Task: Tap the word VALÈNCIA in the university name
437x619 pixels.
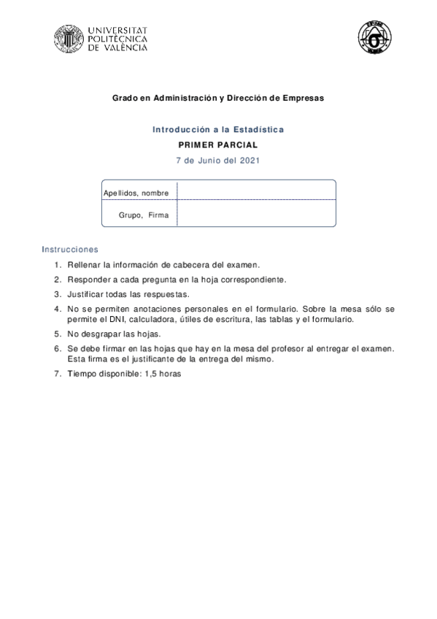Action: pyautogui.click(x=125, y=47)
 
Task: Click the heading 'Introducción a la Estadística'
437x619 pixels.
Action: pyautogui.click(x=218, y=129)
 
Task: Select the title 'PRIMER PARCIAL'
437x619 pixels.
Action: pyautogui.click(x=218, y=145)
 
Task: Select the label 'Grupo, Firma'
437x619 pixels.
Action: pyautogui.click(x=143, y=215)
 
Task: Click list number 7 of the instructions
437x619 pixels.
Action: pyautogui.click(x=57, y=373)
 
